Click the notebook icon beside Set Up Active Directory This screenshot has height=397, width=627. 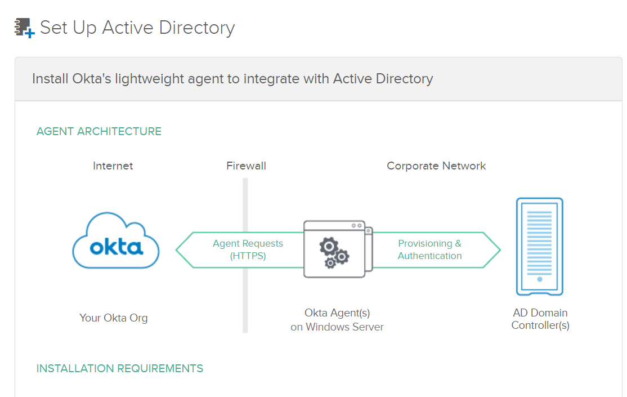[x=24, y=28]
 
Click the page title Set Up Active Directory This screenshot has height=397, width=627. [x=137, y=28]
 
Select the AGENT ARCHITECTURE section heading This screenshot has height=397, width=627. [x=99, y=131]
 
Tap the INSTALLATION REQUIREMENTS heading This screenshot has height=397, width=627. [x=120, y=368]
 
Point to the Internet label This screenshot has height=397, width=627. [x=113, y=166]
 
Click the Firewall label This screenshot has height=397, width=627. [x=246, y=166]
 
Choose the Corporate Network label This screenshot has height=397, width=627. [x=436, y=166]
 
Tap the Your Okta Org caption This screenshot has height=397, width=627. [x=114, y=318]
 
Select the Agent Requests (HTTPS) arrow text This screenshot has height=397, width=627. [x=248, y=249]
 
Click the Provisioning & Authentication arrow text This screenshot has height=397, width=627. [x=429, y=249]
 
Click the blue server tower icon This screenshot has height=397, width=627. [x=540, y=247]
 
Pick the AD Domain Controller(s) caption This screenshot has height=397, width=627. [x=540, y=319]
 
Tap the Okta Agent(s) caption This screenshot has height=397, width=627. [x=337, y=313]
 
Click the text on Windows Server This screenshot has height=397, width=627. [x=337, y=327]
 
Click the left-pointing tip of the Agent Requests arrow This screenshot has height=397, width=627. [x=178, y=249]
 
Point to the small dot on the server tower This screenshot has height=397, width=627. [x=540, y=279]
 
